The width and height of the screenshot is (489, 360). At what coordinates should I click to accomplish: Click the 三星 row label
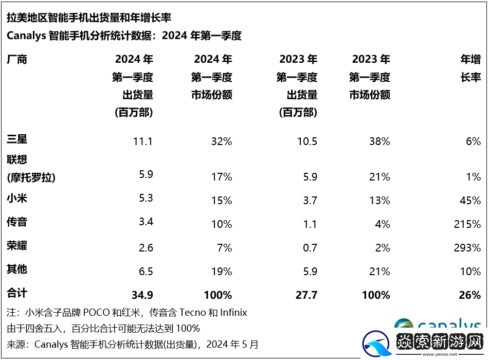(x=17, y=139)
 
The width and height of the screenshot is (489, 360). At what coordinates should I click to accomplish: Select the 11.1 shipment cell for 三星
(x=142, y=141)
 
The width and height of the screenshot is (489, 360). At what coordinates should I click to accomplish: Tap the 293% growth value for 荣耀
(x=467, y=248)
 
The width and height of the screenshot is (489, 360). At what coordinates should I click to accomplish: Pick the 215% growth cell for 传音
(x=467, y=224)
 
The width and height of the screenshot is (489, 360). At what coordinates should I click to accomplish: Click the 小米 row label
(x=17, y=198)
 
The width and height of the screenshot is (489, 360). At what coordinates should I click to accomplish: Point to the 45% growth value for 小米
(x=470, y=201)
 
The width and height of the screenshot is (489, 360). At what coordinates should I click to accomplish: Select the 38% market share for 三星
(x=379, y=141)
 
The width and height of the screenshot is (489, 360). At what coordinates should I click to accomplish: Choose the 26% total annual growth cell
(x=470, y=295)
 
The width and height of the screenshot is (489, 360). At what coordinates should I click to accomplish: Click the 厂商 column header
(x=17, y=59)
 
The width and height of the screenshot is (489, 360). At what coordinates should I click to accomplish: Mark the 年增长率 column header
(x=470, y=68)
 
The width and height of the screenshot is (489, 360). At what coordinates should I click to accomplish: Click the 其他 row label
(x=17, y=269)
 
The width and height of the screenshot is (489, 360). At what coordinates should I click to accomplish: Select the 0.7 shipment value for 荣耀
(x=310, y=248)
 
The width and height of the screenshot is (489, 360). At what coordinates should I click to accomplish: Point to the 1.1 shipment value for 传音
(x=310, y=224)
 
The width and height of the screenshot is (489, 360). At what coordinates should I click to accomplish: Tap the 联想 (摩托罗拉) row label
(x=31, y=169)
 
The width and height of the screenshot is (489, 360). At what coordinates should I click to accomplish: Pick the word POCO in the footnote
(x=97, y=312)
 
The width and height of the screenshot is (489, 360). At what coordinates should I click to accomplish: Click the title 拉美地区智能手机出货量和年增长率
(x=89, y=17)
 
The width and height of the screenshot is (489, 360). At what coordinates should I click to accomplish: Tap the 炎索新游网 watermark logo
(x=423, y=341)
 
